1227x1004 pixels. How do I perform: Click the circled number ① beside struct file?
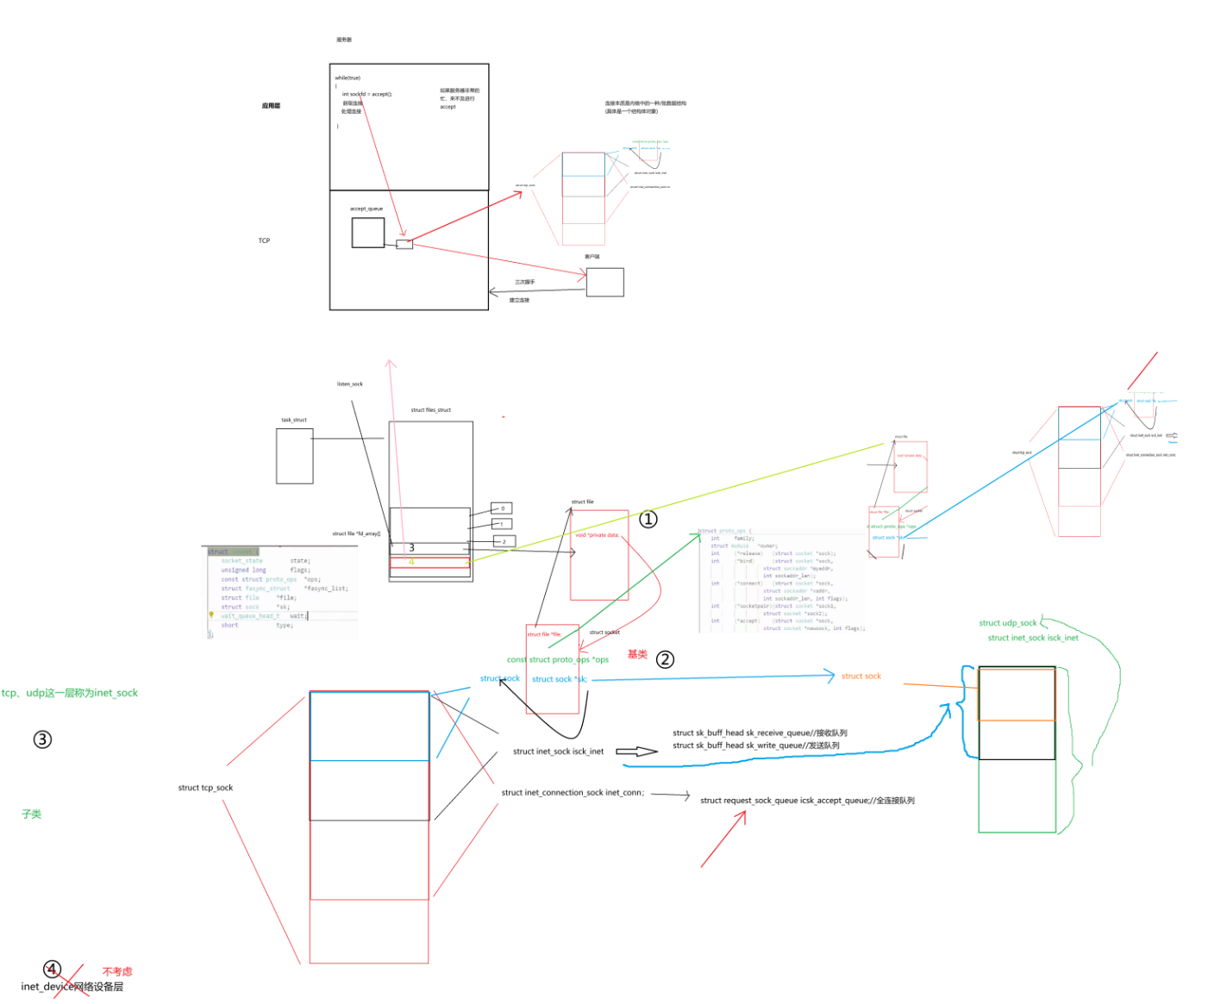pos(648,519)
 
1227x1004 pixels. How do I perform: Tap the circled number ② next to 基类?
pos(665,659)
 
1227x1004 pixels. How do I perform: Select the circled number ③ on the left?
pos(42,739)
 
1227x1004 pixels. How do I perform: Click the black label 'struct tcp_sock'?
pos(205,788)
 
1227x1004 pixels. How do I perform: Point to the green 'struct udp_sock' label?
pos(1007,623)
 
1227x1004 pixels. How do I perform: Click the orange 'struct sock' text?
pos(861,677)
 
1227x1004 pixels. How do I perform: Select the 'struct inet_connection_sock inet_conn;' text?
pos(573,793)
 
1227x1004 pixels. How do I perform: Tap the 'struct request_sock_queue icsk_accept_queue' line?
pos(807,801)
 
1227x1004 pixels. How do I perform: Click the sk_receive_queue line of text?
pos(760,733)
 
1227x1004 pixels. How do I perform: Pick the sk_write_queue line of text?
pos(755,745)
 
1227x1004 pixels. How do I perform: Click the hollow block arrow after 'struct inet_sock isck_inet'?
pos(636,752)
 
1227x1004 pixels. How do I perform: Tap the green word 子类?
pos(32,814)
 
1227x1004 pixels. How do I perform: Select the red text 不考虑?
pos(117,971)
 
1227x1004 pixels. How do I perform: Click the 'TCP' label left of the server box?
pos(264,240)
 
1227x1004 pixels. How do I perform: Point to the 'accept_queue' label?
pos(366,209)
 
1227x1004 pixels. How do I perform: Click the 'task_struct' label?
pos(294,420)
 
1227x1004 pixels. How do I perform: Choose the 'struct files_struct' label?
pos(430,410)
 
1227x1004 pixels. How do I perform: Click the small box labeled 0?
pos(502,508)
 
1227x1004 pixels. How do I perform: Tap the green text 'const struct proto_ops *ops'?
pos(557,660)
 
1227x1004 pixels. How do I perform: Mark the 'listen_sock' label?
pos(350,384)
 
